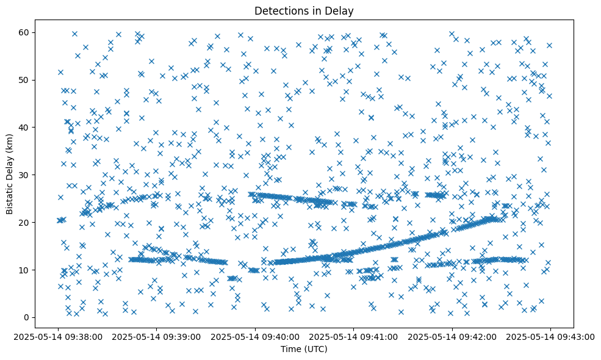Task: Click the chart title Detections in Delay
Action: click(304, 10)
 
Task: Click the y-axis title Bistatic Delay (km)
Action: click(10, 174)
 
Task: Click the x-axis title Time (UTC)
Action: click(304, 349)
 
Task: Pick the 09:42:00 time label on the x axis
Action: click(452, 336)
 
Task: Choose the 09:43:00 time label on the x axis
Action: click(551, 336)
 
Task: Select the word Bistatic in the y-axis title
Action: click(10, 195)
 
